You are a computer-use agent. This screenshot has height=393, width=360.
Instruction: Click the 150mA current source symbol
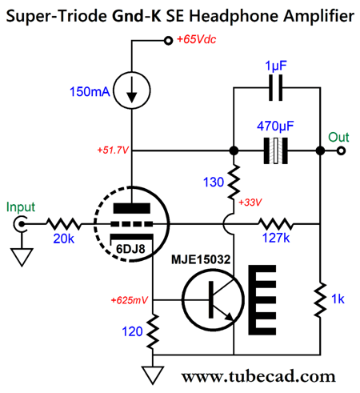[x=132, y=90]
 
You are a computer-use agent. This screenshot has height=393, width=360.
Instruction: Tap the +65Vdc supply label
[x=196, y=39]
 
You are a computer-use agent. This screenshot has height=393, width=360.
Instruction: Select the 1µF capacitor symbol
[x=275, y=88]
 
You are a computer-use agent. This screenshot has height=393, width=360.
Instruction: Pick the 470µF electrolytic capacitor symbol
[x=276, y=150]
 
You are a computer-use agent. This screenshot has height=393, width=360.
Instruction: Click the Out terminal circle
[x=341, y=150]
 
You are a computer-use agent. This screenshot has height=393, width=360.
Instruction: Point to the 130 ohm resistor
[x=234, y=182]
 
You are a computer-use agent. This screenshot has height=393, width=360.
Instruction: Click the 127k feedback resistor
[x=275, y=223]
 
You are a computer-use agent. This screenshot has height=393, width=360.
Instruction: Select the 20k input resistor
[x=63, y=223]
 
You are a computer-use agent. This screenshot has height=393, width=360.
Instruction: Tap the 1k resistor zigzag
[x=320, y=299]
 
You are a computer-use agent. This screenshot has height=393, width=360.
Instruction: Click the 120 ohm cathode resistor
[x=153, y=331]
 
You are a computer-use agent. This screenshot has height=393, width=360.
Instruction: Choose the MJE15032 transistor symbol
[x=213, y=299]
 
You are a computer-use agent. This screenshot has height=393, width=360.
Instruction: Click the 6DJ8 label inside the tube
[x=130, y=249]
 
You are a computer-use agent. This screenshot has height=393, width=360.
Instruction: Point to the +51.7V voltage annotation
[x=113, y=150]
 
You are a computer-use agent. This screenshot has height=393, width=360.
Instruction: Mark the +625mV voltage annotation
[x=130, y=300]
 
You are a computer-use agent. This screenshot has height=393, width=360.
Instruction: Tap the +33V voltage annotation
[x=250, y=203]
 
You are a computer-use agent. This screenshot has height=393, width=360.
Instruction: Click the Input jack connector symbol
[x=20, y=223]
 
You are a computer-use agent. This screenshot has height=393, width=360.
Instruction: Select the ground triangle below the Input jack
[x=22, y=257]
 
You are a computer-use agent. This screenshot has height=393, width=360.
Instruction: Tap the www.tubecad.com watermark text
[x=258, y=376]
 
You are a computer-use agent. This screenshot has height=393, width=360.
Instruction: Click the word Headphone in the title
[x=234, y=16]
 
